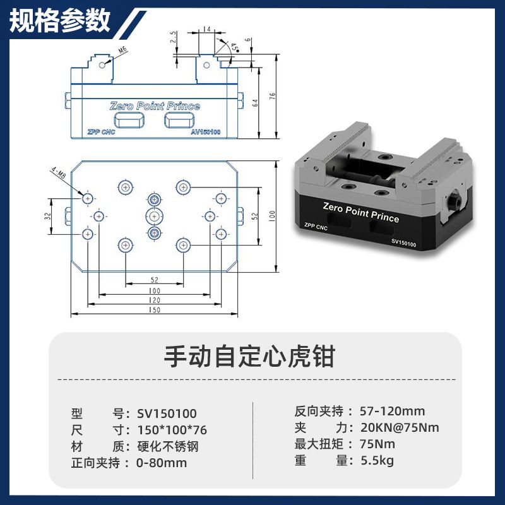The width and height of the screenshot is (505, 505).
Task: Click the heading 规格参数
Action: click(x=60, y=21)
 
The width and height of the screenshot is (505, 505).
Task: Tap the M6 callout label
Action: click(x=122, y=50)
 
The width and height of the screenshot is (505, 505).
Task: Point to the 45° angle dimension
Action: click(x=235, y=47)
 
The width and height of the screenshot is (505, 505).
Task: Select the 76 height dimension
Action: click(x=273, y=96)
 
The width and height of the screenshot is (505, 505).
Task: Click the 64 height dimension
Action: click(x=255, y=103)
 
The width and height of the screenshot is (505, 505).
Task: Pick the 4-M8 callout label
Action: click(x=58, y=173)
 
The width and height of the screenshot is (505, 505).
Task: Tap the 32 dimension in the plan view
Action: click(x=48, y=216)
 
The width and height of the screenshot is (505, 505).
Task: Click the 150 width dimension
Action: click(x=154, y=309)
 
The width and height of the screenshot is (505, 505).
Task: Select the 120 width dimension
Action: click(x=154, y=300)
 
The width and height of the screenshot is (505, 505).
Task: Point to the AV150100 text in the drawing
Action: click(x=206, y=132)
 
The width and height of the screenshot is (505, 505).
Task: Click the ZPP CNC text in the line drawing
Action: click(x=101, y=132)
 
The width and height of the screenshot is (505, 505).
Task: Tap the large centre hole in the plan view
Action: click(x=154, y=216)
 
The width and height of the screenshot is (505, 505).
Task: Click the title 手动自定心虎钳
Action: click(x=250, y=357)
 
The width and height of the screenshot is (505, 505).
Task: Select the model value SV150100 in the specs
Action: click(x=167, y=413)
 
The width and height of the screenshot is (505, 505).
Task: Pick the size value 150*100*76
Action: click(x=172, y=430)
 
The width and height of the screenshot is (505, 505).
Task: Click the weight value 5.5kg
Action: click(x=377, y=461)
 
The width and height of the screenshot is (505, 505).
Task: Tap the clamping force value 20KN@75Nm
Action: click(x=400, y=428)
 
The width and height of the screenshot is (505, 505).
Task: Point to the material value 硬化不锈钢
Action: click(x=168, y=446)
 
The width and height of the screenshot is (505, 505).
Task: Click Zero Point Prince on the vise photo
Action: click(x=361, y=213)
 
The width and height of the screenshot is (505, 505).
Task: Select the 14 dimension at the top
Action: click(x=207, y=29)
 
